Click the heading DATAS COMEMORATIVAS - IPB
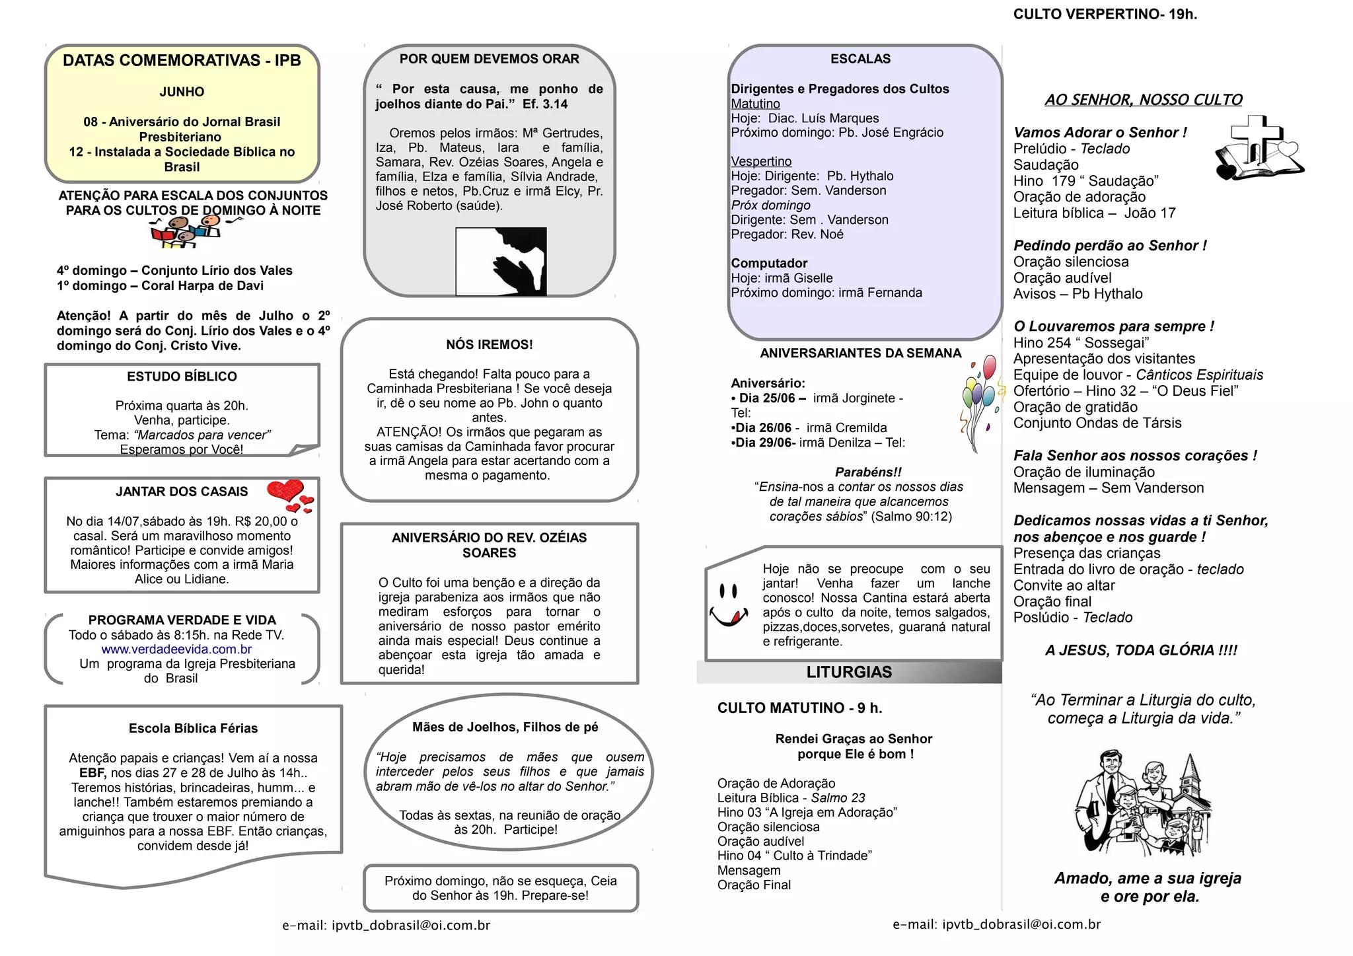click(182, 61)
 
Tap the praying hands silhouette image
click(501, 261)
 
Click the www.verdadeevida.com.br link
click(176, 649)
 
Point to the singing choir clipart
click(186, 232)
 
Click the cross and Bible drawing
click(1258, 149)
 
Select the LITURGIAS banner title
click(849, 673)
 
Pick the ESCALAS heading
click(860, 59)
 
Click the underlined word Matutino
click(755, 104)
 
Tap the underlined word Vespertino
click(761, 162)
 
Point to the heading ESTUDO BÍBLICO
click(182, 377)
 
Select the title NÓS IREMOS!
click(489, 345)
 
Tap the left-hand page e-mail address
click(386, 926)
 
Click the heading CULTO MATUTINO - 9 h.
click(799, 708)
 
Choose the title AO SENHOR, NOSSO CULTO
click(1143, 100)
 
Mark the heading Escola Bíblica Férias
click(193, 729)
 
